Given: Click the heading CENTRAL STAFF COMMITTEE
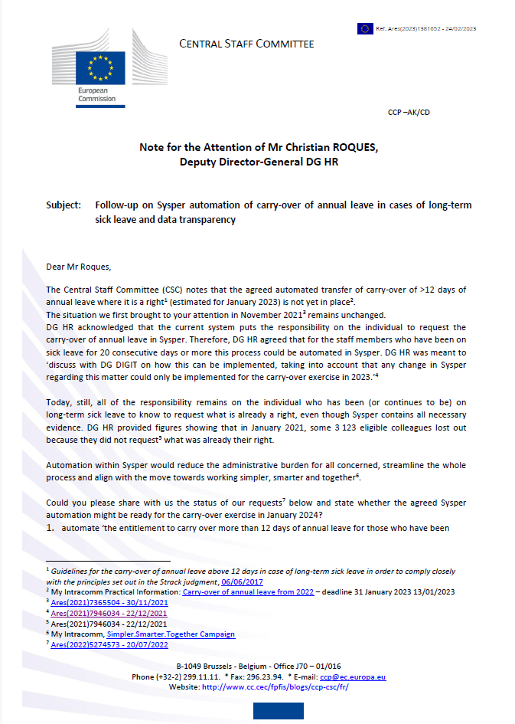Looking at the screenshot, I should [x=246, y=44].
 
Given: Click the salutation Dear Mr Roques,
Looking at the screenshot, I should [x=78, y=267].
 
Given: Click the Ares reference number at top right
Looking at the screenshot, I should [x=426, y=28].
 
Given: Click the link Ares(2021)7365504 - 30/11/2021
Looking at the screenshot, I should [x=109, y=602].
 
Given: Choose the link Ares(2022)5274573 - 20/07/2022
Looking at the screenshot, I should [x=109, y=645].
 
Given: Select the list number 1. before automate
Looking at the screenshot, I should [x=50, y=529].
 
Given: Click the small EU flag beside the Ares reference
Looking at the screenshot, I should [x=365, y=28].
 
